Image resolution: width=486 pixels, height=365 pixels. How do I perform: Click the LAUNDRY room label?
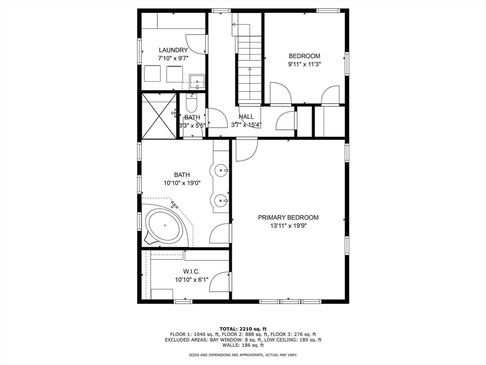coord(173,50)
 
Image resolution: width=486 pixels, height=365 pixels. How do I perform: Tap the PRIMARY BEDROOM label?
coord(288,217)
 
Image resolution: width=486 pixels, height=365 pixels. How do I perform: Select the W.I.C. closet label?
coord(185,271)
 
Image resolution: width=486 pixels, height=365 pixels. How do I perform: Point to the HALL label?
coord(246,116)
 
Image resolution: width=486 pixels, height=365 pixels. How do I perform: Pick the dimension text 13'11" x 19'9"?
coord(288,226)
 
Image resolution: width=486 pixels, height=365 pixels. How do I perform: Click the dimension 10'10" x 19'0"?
coord(182,183)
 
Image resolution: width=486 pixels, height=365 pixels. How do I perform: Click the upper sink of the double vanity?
coord(221,170)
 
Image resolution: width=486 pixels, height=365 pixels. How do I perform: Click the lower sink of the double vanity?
coord(221,201)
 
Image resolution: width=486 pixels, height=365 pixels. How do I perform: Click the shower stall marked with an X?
coord(159,116)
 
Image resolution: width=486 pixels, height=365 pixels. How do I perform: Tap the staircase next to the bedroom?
coord(250,67)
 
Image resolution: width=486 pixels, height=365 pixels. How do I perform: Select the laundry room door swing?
coord(200,43)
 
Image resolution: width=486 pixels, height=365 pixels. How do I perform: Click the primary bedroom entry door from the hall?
coord(246,149)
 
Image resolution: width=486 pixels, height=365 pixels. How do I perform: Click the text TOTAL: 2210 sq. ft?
coord(243,329)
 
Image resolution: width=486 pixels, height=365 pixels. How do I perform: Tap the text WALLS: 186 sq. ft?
coord(243,346)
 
